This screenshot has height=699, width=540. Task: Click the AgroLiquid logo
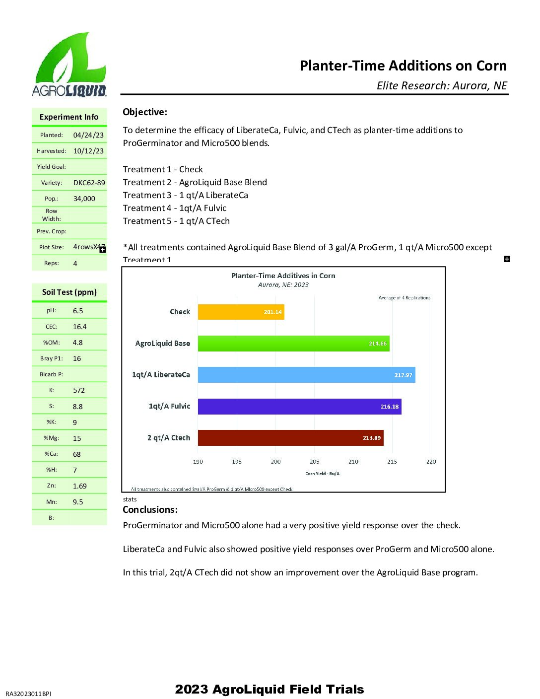(69, 65)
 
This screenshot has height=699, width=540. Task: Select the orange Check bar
(241, 312)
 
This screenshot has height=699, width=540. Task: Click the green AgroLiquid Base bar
(293, 343)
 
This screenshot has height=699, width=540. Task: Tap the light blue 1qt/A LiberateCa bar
(306, 375)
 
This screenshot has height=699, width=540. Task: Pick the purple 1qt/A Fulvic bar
(299, 406)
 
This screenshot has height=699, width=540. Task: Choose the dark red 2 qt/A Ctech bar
(290, 437)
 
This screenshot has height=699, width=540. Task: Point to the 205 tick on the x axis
(315, 462)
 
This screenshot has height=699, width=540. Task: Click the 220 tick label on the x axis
(431, 462)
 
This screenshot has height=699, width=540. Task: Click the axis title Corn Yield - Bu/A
(322, 474)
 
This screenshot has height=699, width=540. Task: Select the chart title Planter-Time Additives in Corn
(283, 276)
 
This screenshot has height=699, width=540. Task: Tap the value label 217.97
(403, 375)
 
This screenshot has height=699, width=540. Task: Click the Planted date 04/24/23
(88, 135)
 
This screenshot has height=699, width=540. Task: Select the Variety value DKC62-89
(89, 183)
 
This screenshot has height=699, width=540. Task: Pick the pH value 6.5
(78, 311)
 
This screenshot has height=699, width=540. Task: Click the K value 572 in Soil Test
(79, 390)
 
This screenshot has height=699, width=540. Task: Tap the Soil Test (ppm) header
(69, 292)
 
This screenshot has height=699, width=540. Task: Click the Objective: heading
(145, 112)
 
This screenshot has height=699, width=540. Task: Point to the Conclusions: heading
(150, 509)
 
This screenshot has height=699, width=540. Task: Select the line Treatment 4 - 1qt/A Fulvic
(175, 208)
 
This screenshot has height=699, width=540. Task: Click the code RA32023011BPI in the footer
(28, 694)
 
